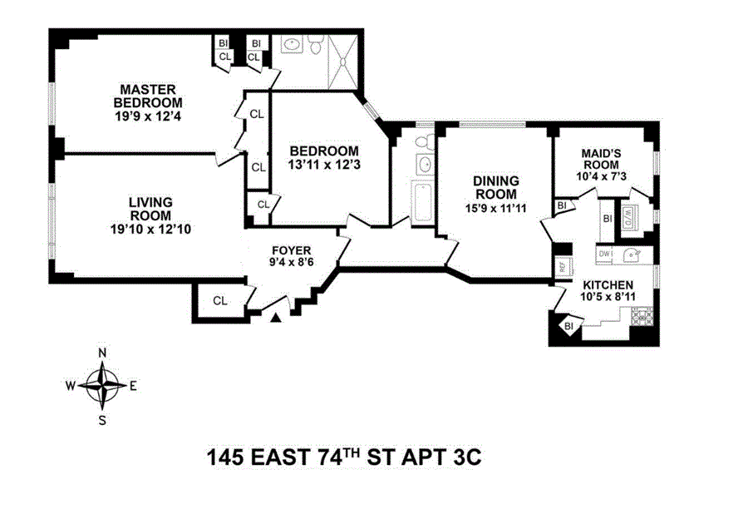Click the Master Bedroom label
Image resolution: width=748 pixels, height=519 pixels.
click(x=148, y=96)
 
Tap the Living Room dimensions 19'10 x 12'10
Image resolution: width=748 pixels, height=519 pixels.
click(x=150, y=230)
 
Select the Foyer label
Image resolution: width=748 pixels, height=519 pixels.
click(x=291, y=250)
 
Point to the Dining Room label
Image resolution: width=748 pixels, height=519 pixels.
click(x=495, y=188)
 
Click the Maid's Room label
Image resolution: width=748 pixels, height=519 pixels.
click(x=601, y=159)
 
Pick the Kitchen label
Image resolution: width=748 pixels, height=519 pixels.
click(x=608, y=285)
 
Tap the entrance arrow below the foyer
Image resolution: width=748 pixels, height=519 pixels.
click(x=276, y=317)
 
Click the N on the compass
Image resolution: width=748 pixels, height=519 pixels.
click(x=102, y=353)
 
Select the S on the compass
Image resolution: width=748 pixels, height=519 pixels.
click(x=102, y=420)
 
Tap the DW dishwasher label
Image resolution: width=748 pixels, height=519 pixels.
click(x=604, y=254)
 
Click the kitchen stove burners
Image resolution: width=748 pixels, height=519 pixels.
click(x=642, y=317)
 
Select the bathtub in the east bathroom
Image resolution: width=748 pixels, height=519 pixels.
click(x=423, y=200)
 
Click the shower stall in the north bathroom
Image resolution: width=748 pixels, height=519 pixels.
click(x=343, y=62)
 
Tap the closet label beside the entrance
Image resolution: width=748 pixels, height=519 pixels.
click(x=220, y=301)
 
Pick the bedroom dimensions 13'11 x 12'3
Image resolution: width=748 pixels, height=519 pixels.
click(x=324, y=165)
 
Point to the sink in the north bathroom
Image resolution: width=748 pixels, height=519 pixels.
click(x=291, y=46)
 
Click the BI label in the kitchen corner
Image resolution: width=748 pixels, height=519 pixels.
click(x=568, y=327)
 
